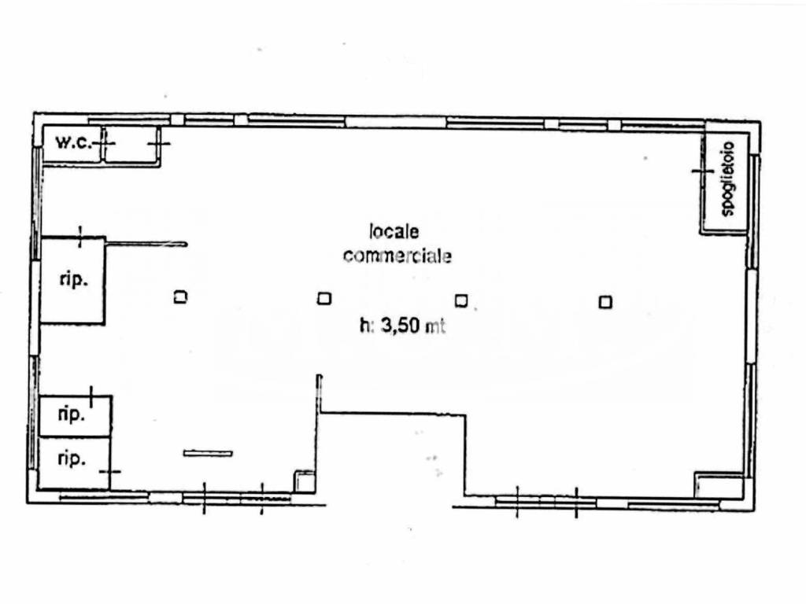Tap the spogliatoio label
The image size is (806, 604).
728,179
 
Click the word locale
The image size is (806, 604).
394,232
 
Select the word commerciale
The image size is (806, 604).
397,256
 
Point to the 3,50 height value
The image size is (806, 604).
400,326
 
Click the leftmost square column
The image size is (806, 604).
180,296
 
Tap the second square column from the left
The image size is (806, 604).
324,298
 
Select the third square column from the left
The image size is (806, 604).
461,300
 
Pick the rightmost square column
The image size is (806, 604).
605,302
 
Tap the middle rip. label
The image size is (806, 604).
71,415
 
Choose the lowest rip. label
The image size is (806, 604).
71,459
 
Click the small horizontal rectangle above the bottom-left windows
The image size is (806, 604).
208,453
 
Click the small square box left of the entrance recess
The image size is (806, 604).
304,481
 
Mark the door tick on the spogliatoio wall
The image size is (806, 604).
703,171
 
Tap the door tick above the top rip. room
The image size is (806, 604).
80,237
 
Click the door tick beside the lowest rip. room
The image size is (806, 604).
110,471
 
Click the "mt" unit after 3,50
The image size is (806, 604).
434,326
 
